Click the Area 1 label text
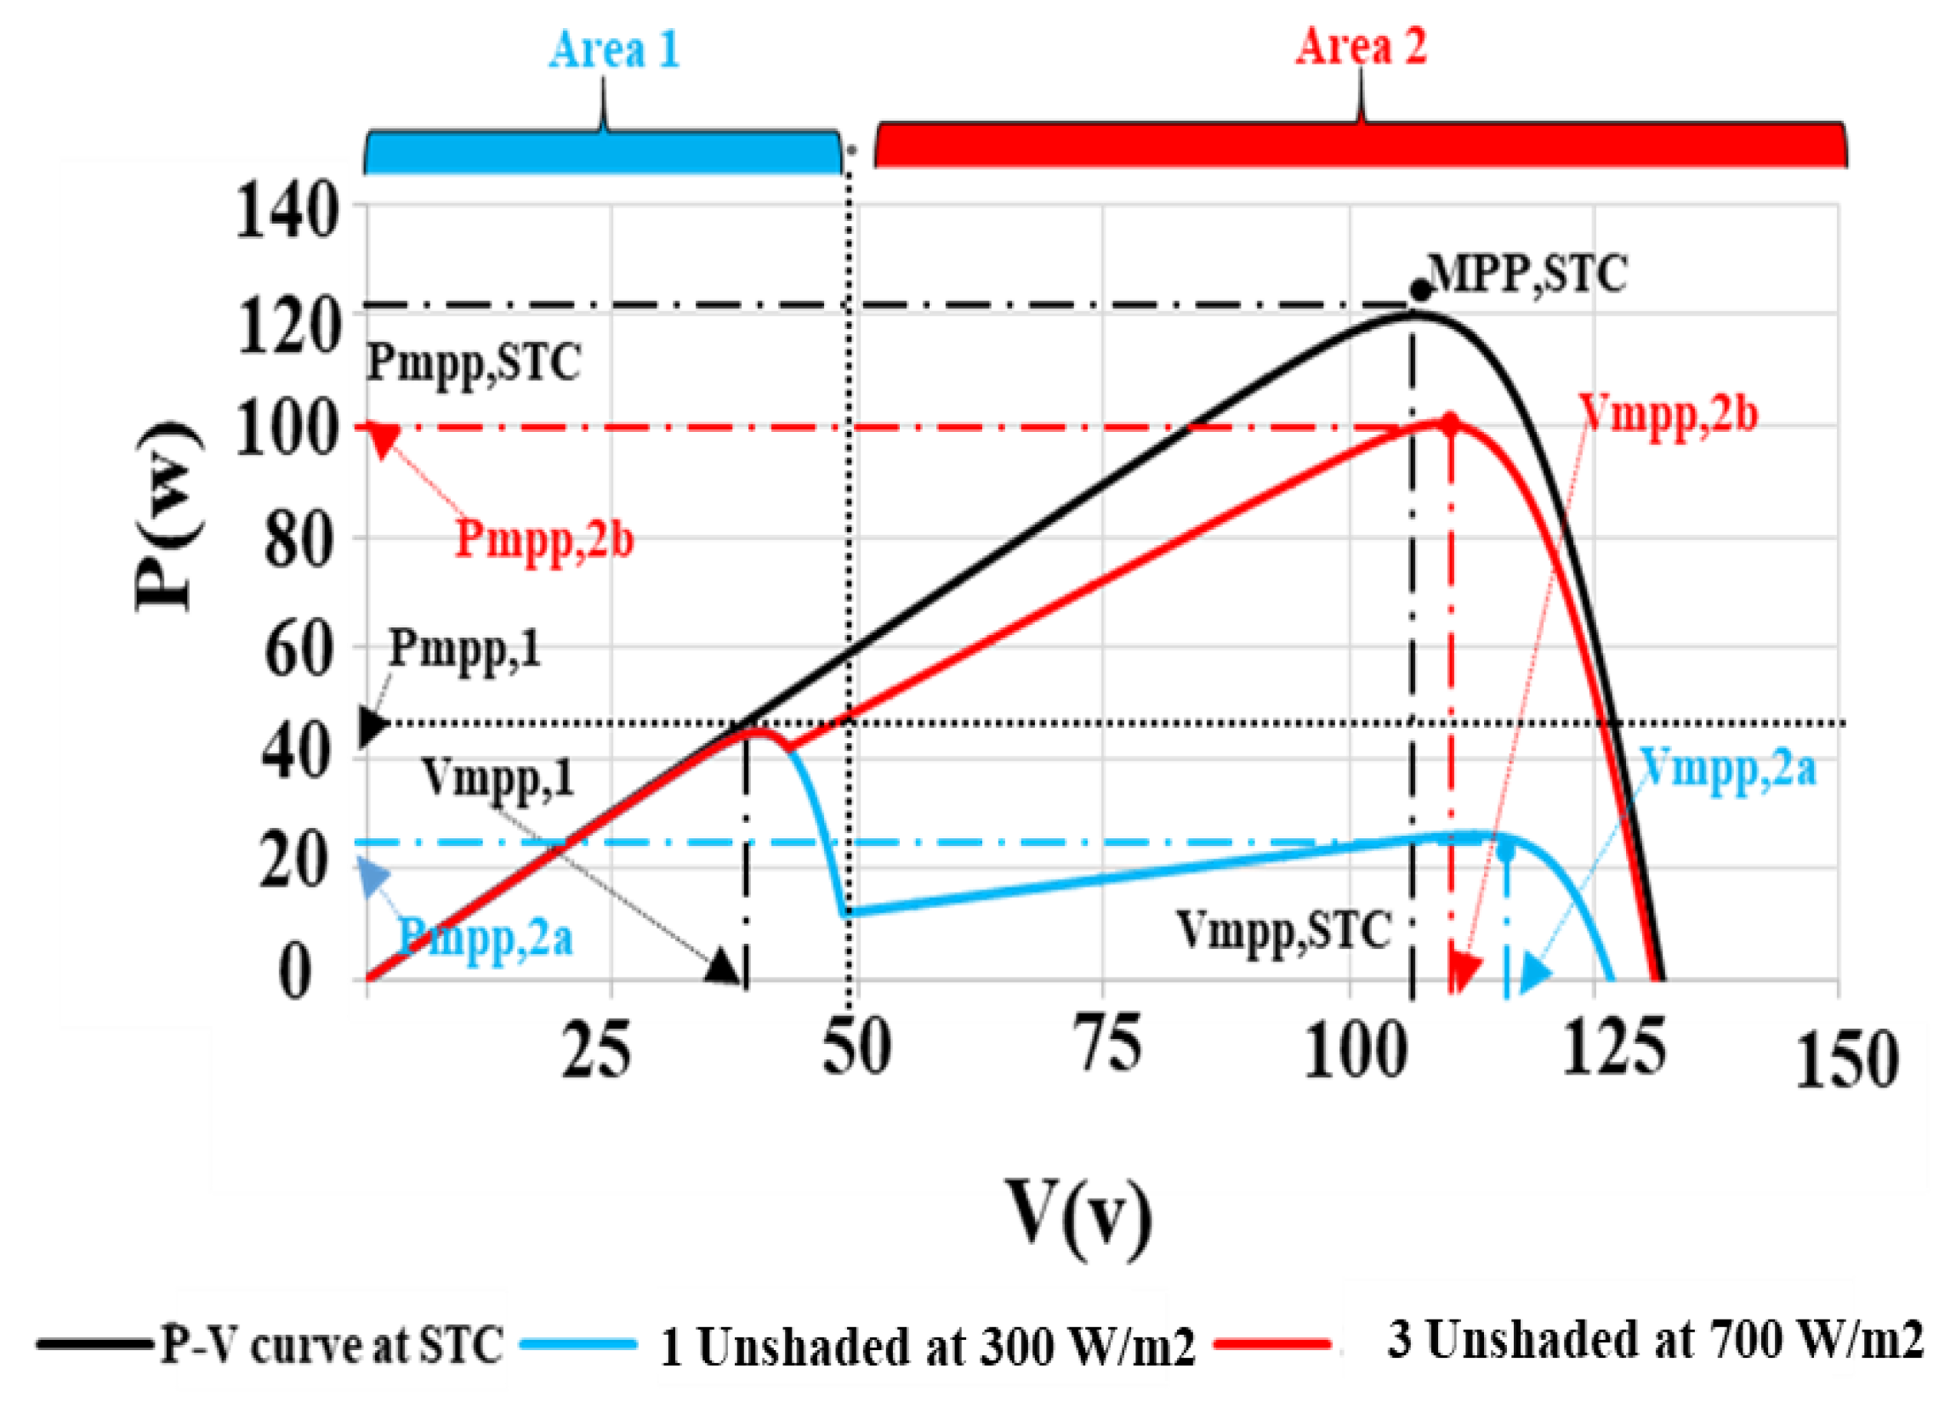tap(614, 49)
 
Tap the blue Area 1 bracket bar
tap(602, 152)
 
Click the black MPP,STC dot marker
tap(1419, 291)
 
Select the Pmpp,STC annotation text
tap(474, 362)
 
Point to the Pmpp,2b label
tap(544, 541)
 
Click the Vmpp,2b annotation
tap(1669, 416)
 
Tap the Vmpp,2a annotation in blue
tap(1727, 765)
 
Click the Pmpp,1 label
tap(465, 649)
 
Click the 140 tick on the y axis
tap(286, 211)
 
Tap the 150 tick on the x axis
tap(1846, 1059)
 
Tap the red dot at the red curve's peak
tap(1450, 423)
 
